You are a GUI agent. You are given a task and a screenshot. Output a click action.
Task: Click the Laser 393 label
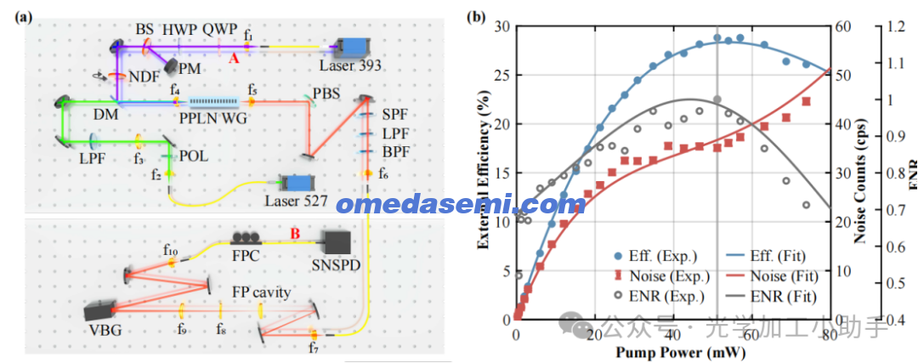click(x=350, y=65)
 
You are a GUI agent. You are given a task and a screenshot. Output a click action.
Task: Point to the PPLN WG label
click(x=212, y=118)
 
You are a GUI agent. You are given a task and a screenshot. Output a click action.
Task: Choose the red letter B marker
click(x=295, y=232)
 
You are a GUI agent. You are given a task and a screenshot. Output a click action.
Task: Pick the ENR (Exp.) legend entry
click(x=666, y=297)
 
